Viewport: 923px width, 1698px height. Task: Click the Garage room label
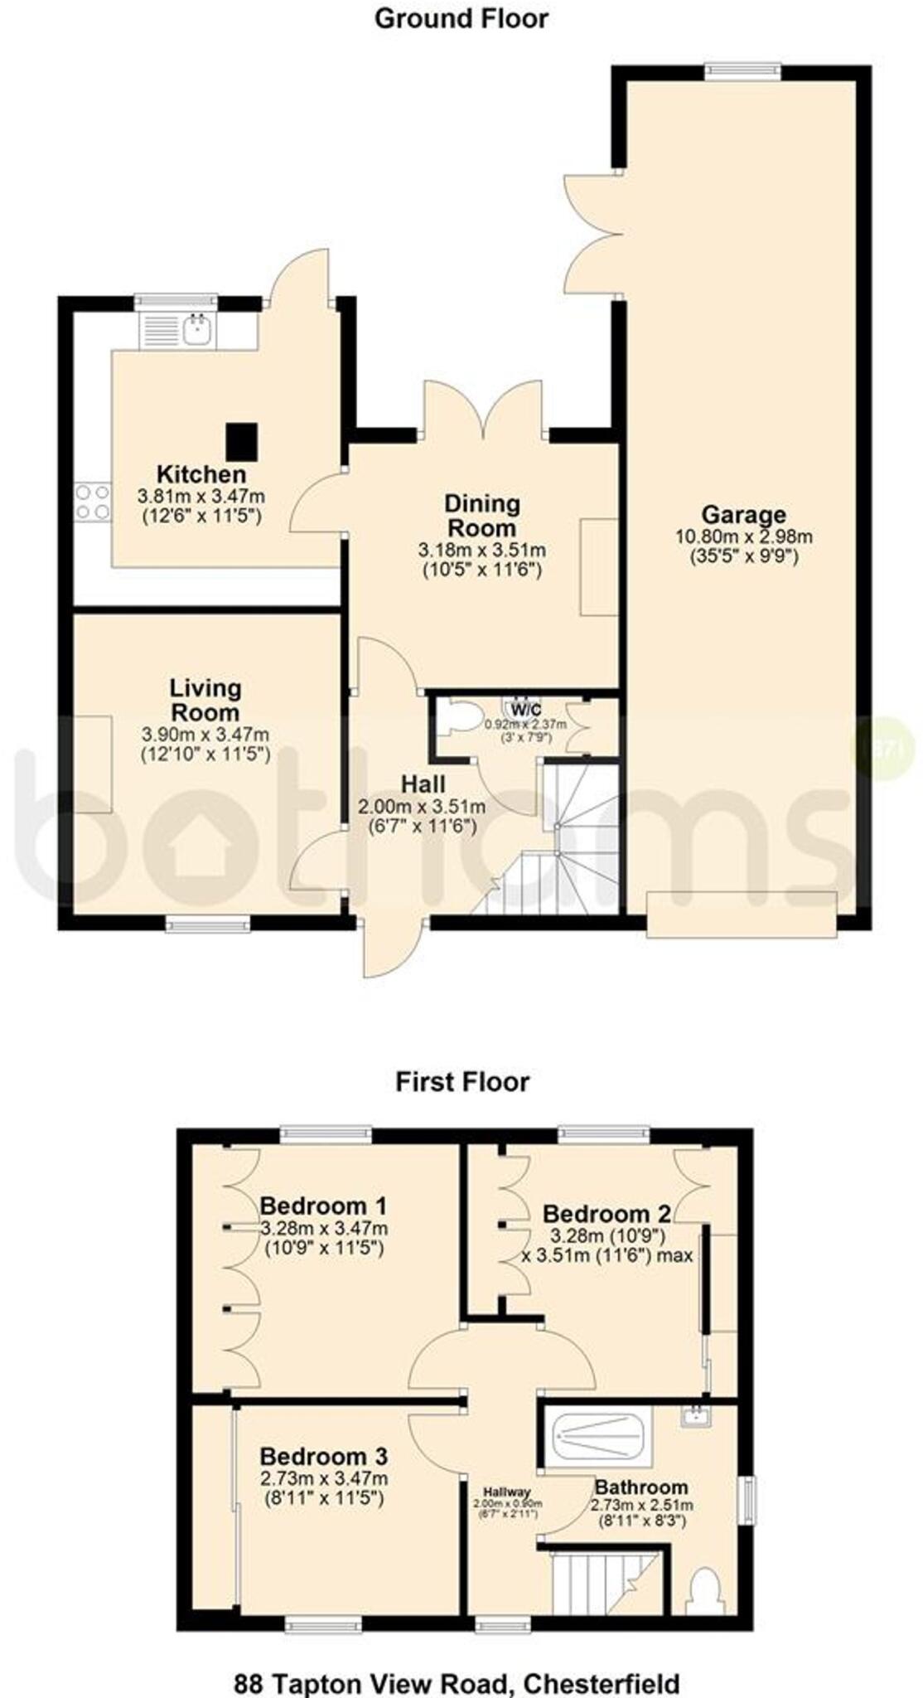click(x=743, y=514)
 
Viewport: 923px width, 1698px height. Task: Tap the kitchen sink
click(x=197, y=331)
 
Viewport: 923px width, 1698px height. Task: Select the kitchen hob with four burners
click(x=92, y=502)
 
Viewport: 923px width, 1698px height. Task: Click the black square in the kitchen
click(x=242, y=440)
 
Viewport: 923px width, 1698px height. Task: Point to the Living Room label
click(x=205, y=700)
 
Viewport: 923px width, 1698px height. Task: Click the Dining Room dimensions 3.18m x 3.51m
click(x=481, y=550)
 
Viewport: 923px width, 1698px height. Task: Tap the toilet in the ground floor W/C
click(x=456, y=718)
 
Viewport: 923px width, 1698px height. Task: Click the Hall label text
click(x=423, y=784)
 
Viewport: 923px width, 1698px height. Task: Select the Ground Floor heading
click(x=461, y=18)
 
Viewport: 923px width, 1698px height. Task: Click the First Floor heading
click(x=461, y=1082)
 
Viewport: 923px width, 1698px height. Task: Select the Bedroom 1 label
click(x=323, y=1206)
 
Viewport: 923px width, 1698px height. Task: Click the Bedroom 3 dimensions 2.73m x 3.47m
click(x=323, y=1478)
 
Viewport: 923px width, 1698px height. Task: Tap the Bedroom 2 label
click(x=606, y=1214)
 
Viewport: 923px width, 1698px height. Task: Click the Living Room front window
click(x=207, y=924)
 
